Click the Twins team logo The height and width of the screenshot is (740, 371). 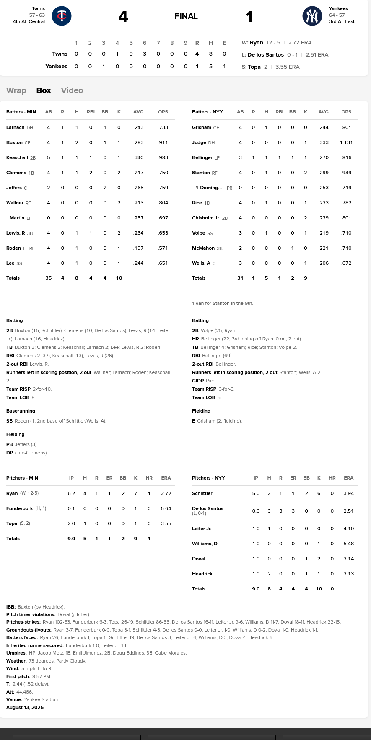pos(62,16)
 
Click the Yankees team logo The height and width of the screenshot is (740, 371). pos(312,16)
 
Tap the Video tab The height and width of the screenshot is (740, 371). pos(72,90)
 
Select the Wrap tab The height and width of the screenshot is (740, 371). pos(16,90)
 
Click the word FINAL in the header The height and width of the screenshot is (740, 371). pos(186,16)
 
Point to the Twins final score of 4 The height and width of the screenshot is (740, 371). pos(123,17)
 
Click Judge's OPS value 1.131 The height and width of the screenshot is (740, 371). pos(346,142)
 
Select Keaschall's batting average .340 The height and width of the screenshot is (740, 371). pos(138,157)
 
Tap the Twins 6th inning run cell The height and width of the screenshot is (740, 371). pos(145,54)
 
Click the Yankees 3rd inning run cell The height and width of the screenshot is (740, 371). pos(104,66)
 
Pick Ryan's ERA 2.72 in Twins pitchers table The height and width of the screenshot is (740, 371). pos(166,493)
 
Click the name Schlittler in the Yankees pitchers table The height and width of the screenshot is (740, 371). pos(202,493)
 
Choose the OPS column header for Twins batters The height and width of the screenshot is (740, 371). pos(163,112)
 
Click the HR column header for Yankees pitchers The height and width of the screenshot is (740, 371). pos(332,478)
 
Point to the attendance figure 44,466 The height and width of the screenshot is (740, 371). pos(24,692)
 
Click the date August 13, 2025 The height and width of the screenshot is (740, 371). pos(25,707)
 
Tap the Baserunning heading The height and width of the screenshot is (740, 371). pos(21,411)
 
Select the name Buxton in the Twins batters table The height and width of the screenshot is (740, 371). pos(14,142)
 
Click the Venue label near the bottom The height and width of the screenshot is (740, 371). pos(14,699)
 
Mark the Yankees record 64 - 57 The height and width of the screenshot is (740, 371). pos(337,15)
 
